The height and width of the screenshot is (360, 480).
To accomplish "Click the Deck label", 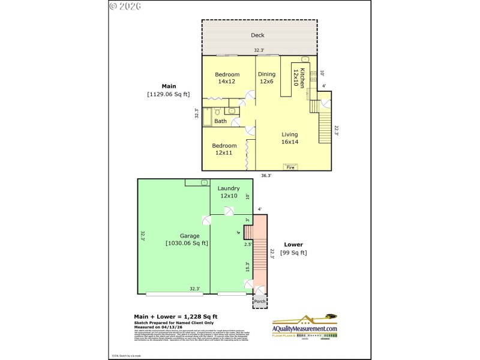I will tap(257, 35).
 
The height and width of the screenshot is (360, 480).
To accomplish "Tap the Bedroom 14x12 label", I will tap(227, 78).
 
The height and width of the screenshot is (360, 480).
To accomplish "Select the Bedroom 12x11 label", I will tap(223, 149).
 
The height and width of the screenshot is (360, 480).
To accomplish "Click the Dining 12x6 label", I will tap(266, 78).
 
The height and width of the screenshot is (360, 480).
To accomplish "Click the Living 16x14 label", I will tap(290, 138).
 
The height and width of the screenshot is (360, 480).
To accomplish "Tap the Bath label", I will tap(221, 121).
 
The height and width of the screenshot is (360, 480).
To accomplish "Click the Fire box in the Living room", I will tap(290, 167).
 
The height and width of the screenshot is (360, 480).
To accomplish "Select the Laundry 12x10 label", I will tap(229, 192).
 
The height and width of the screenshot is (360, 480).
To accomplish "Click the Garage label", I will tap(190, 236).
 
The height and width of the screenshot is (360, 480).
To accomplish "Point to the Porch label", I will tap(260, 301).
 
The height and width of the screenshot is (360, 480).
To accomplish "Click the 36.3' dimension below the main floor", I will tap(266, 176).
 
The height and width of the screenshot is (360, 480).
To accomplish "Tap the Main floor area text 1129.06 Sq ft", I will tap(168, 94).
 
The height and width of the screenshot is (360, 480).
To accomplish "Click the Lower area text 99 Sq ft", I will tap(294, 253).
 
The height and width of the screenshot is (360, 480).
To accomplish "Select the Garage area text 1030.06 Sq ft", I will tap(187, 243).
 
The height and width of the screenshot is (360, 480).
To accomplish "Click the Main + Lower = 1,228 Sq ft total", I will tap(175, 316).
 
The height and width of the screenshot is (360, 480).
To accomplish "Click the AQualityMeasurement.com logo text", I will tap(305, 329).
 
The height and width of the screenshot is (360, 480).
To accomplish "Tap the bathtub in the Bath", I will tap(207, 116).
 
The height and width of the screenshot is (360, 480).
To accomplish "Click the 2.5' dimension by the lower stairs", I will tap(247, 245).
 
